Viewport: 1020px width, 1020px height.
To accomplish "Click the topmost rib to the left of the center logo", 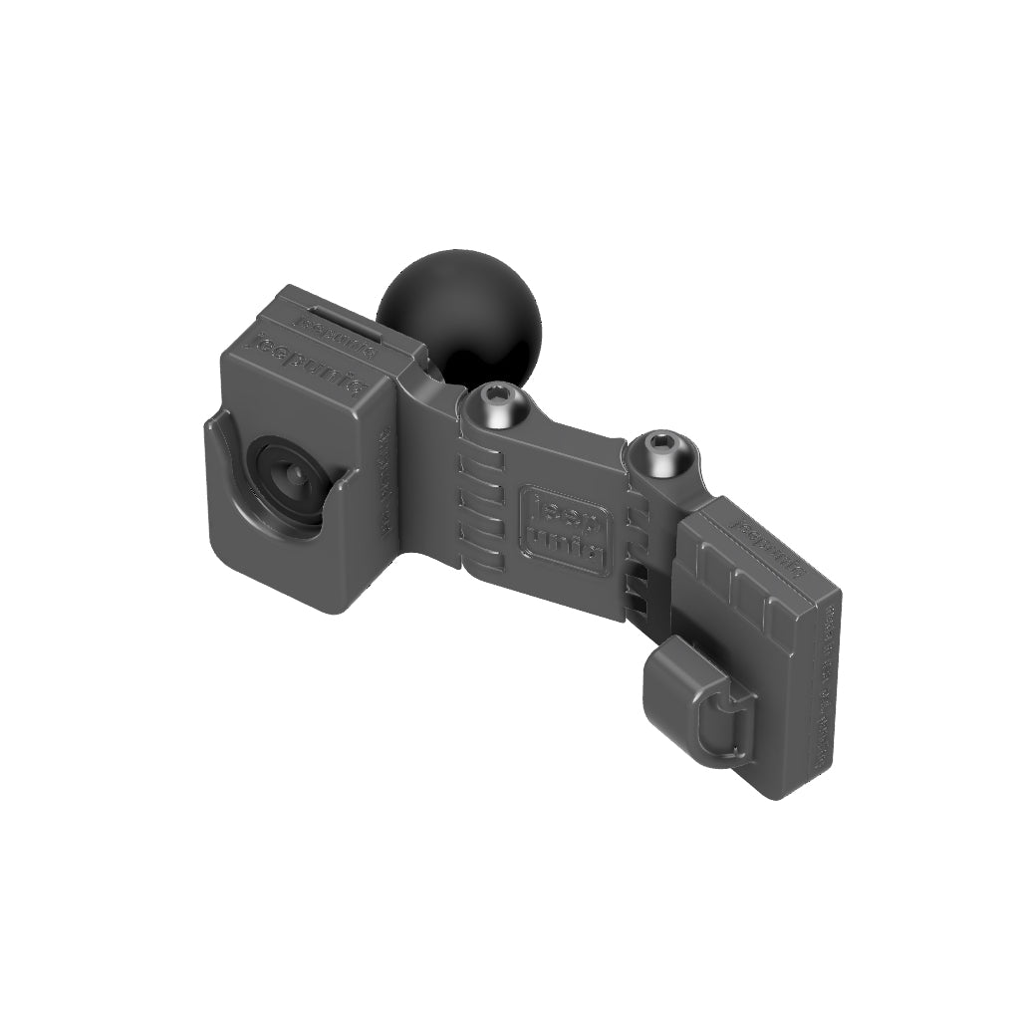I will pyautogui.click(x=480, y=464).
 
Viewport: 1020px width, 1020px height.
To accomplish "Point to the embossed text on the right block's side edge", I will pyautogui.click(x=826, y=687).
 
